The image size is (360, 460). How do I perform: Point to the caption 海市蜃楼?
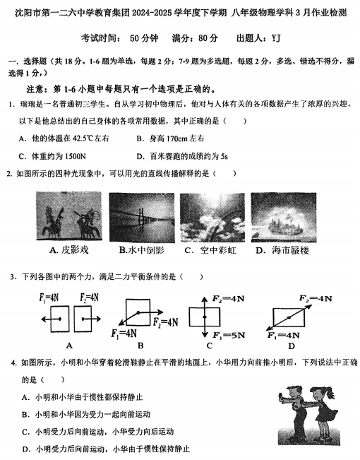[289, 250]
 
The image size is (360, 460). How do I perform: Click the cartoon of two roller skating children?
[308, 417]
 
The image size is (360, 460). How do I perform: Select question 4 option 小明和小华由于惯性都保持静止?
[92, 398]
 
